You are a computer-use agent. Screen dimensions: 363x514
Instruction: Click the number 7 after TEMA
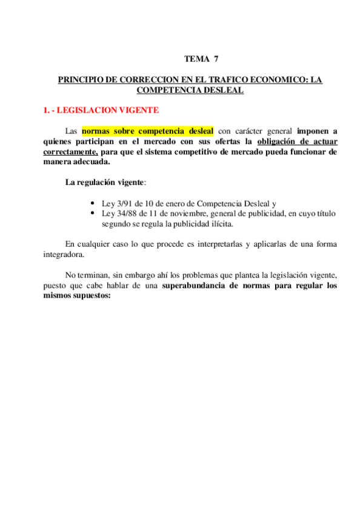pos(216,59)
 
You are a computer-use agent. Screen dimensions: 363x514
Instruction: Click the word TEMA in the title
pos(196,59)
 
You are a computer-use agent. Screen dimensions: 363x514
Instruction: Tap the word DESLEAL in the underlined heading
pos(222,90)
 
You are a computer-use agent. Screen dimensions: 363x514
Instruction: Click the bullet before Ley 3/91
pos(91,204)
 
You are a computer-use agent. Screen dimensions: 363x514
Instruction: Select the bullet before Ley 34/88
pos(91,213)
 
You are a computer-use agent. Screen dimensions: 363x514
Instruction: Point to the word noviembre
pos(185,213)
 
